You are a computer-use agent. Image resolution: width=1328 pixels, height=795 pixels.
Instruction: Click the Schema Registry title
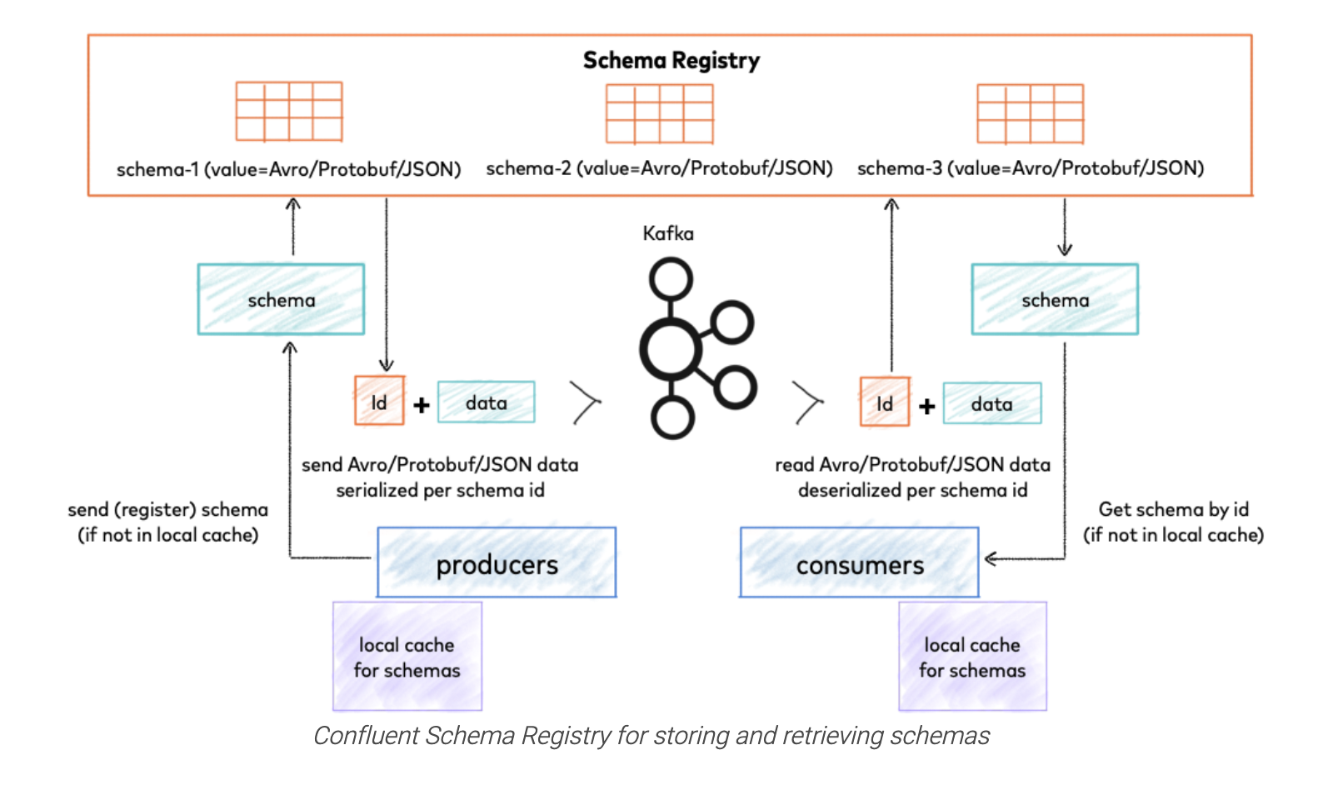671,61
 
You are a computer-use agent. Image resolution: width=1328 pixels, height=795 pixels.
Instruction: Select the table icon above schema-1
289,112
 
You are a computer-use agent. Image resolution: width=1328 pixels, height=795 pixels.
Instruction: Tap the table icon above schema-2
659,114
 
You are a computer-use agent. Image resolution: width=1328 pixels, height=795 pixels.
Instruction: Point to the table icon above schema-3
1030,114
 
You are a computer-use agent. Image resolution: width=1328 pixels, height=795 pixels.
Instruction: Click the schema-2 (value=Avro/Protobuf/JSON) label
659,168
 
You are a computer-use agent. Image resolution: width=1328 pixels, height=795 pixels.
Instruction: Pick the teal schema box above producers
281,300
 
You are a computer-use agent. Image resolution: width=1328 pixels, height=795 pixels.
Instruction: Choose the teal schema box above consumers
1055,300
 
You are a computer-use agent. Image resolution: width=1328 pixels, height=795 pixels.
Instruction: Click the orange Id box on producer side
379,402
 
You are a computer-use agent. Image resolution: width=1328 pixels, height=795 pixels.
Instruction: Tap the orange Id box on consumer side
885,402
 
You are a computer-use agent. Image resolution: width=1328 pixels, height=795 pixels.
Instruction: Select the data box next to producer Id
486,402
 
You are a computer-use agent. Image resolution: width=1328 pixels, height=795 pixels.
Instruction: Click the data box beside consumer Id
991,404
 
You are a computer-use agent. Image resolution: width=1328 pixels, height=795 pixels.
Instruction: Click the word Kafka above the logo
667,233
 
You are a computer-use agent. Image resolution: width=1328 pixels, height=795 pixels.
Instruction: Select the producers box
497,563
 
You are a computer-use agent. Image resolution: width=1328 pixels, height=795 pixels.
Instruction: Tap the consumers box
859,564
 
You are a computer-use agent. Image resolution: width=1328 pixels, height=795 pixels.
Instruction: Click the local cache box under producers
407,657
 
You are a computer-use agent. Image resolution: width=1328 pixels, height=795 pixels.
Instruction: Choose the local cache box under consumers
972,657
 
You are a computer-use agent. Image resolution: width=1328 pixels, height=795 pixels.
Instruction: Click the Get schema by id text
1173,509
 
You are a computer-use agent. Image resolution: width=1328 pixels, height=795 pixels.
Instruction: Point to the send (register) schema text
167,510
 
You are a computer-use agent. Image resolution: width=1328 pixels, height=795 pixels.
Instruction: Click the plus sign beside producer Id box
422,405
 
